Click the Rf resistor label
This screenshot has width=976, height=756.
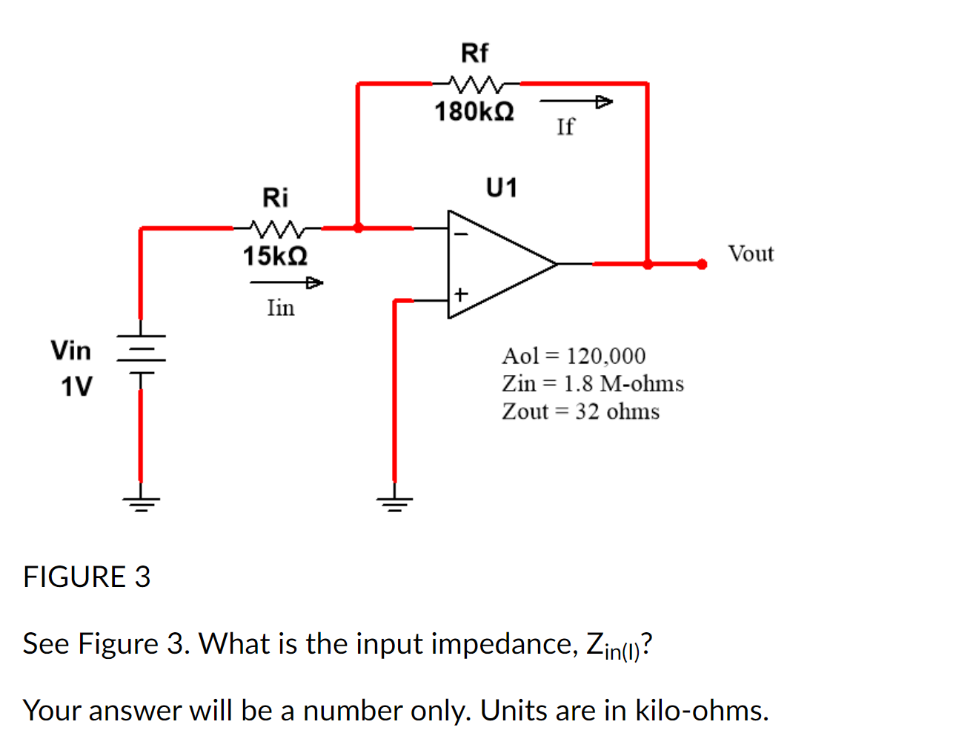(474, 53)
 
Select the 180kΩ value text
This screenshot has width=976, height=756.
(474, 112)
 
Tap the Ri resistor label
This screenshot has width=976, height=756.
(275, 198)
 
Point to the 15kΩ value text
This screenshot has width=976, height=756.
(275, 256)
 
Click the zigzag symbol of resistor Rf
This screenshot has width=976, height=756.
(475, 82)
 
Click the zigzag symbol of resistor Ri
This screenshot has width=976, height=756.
(276, 227)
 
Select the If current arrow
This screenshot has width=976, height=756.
(576, 101)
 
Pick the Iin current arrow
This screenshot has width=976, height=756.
(286, 282)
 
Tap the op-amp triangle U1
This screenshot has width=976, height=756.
(497, 264)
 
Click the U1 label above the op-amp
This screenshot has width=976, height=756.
(501, 188)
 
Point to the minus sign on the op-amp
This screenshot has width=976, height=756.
(461, 233)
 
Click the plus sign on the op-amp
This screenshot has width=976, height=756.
(461, 294)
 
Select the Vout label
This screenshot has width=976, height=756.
(750, 254)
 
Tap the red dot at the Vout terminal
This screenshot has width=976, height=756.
(701, 264)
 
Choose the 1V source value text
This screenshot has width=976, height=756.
(76, 387)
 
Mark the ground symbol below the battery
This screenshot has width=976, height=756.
(141, 504)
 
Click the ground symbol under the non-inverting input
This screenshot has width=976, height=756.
(394, 504)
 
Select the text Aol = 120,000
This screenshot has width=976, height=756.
(574, 357)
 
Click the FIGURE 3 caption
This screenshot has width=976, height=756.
(87, 577)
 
